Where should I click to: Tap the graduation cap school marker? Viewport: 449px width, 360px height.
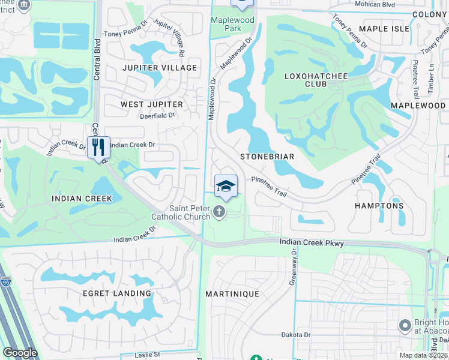(x=226, y=185)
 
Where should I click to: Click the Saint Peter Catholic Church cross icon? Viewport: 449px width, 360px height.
(x=220, y=211)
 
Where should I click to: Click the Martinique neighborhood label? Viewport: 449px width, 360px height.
(x=232, y=294)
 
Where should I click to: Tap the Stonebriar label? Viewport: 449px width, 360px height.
(x=267, y=157)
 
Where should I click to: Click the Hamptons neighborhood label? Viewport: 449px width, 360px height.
(x=379, y=205)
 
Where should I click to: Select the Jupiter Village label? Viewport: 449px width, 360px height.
(x=160, y=68)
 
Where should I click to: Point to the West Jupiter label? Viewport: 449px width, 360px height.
(x=151, y=104)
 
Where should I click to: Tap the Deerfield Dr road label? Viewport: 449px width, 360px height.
(x=157, y=116)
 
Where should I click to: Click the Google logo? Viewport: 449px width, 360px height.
(x=20, y=353)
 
